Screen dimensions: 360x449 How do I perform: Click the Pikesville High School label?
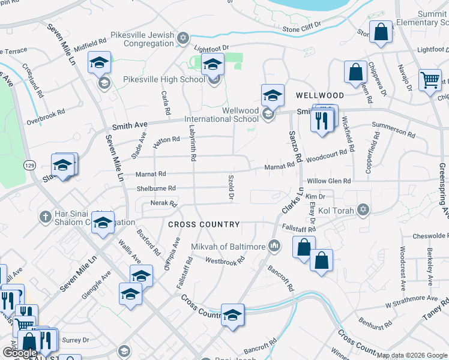[x=164, y=79]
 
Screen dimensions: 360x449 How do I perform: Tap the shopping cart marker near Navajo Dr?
[x=430, y=80]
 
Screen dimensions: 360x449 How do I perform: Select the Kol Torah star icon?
[x=362, y=209]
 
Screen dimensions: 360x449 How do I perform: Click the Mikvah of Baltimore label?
[x=228, y=247]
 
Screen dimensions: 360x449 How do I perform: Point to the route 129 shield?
[x=28, y=164]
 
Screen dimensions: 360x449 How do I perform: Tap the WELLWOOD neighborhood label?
[x=320, y=95]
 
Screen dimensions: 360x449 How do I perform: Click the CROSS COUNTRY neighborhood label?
[x=204, y=224]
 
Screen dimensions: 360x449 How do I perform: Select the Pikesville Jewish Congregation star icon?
[x=184, y=40]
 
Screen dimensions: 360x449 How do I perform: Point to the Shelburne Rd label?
[x=155, y=188]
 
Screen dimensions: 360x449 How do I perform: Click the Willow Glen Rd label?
[x=328, y=181]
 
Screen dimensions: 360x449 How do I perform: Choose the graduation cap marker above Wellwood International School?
[x=273, y=95]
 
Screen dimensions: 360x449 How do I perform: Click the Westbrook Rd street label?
[x=225, y=260]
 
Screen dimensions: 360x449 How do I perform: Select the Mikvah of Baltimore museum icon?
[x=274, y=245]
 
